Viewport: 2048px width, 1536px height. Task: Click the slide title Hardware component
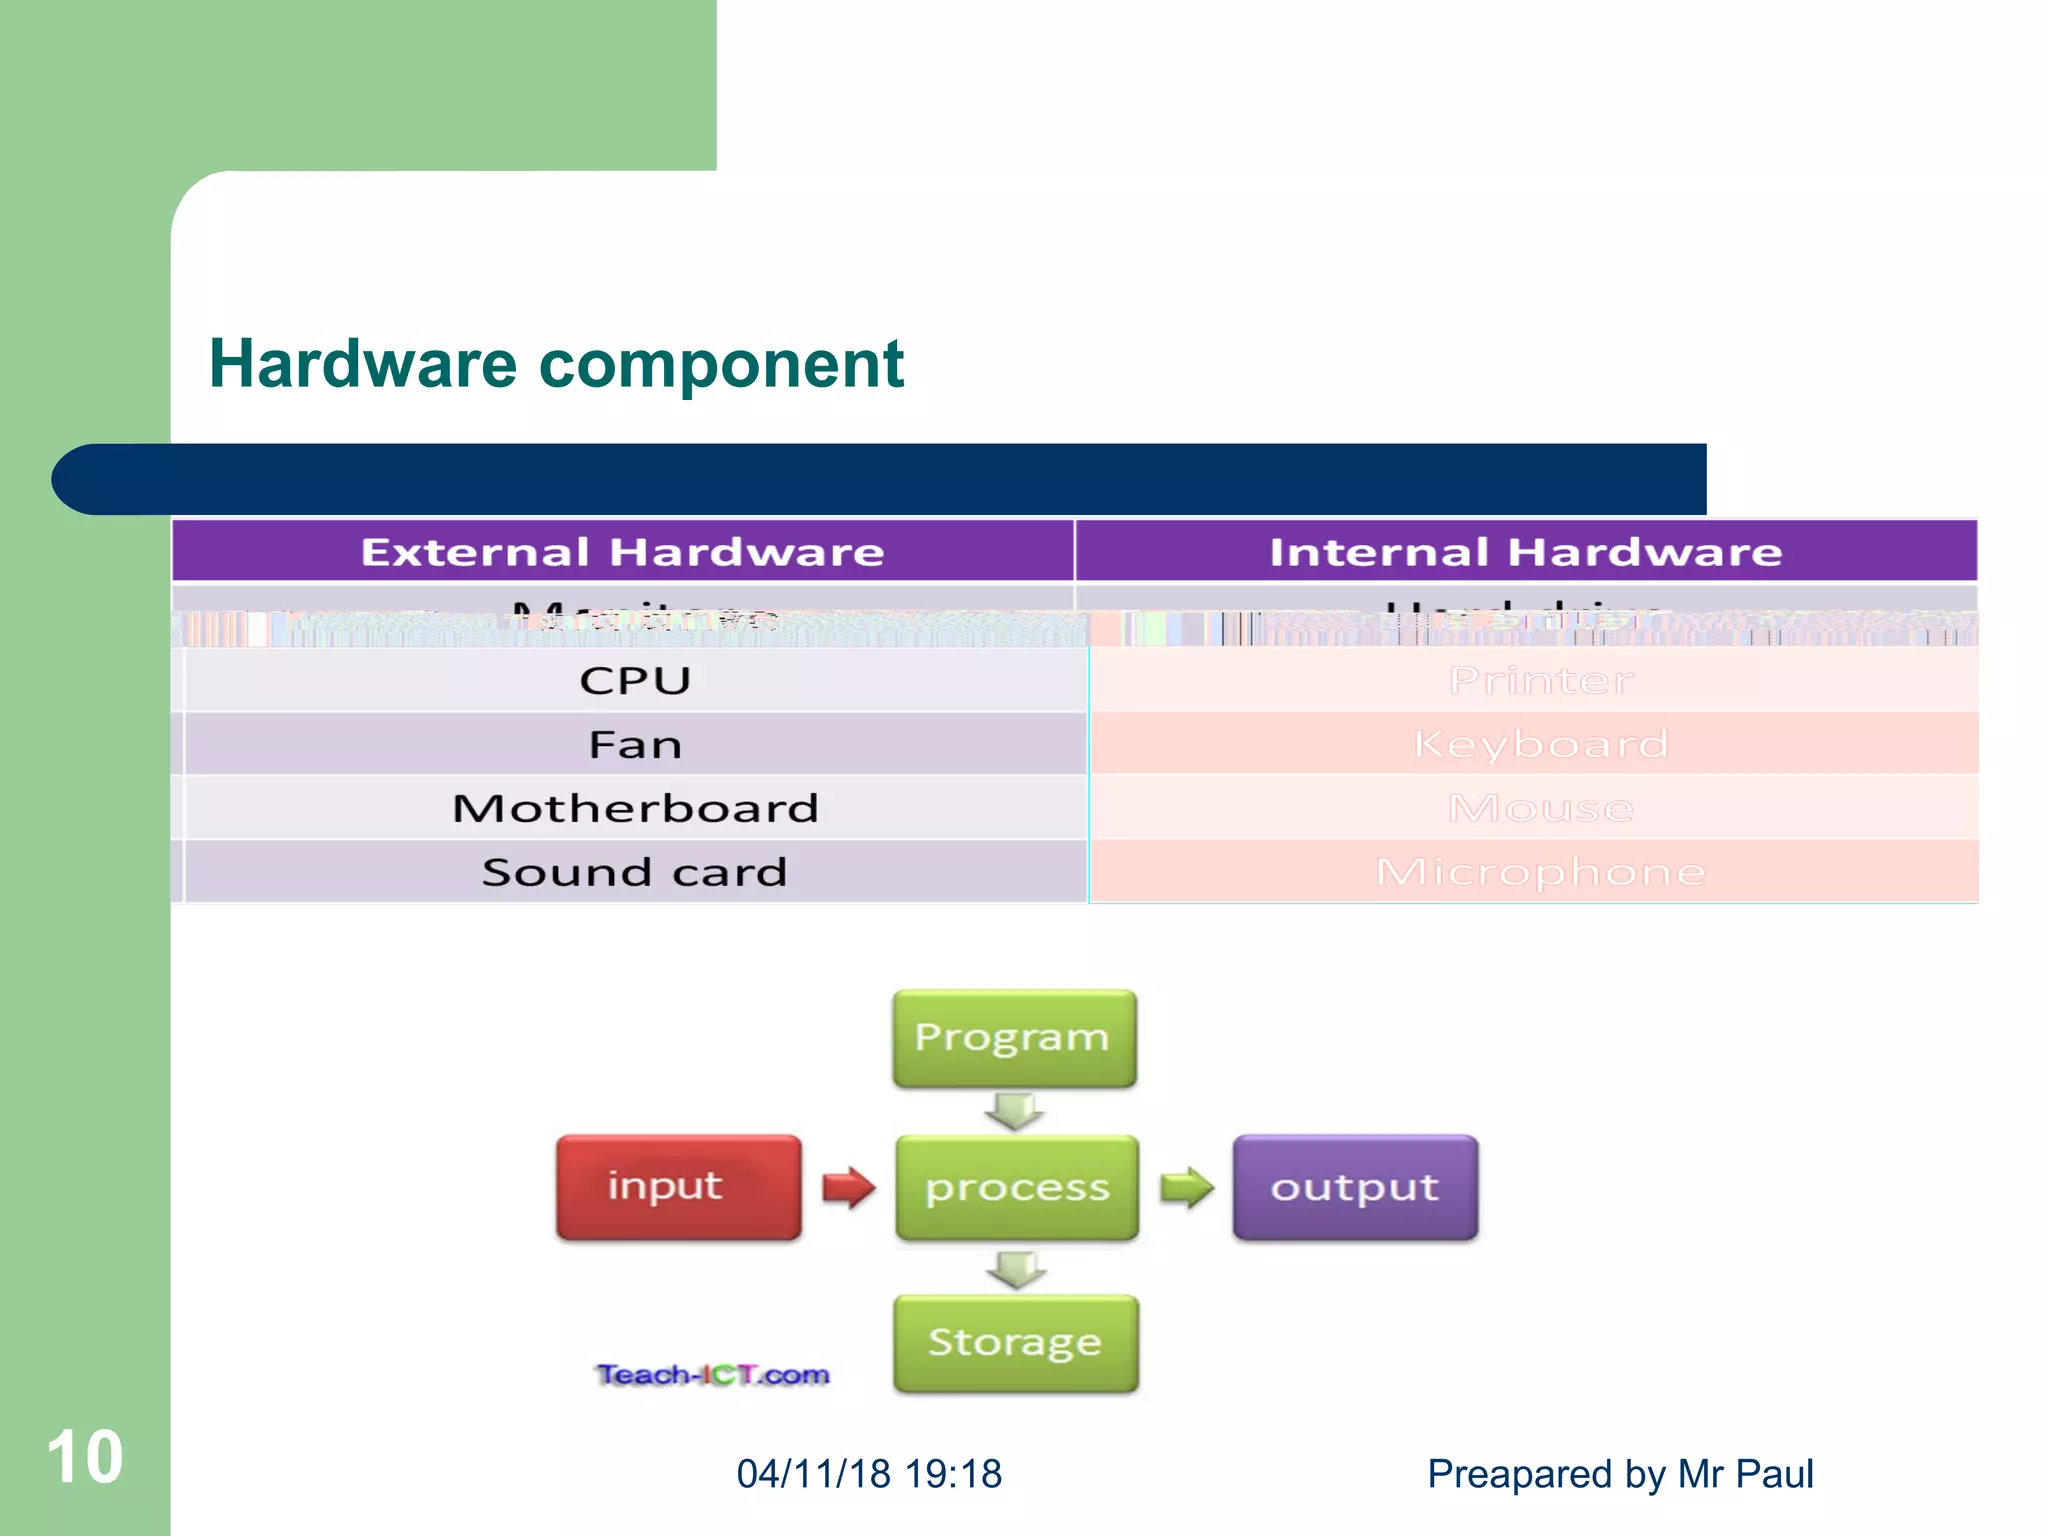pos(556,364)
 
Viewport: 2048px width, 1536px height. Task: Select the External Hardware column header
pos(622,552)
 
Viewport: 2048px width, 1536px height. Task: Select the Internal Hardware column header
pos(1526,552)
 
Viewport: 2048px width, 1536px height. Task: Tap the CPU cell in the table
pos(635,681)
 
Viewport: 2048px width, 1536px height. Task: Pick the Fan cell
pos(635,745)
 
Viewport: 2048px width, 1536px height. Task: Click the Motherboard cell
pos(635,808)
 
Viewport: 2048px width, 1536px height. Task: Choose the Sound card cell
pos(635,872)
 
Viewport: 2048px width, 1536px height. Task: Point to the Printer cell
pos(1540,681)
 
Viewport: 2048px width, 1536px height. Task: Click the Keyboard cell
pos(1540,744)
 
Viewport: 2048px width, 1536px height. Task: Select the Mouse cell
pos(1540,808)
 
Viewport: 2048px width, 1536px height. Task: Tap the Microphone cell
pos(1540,872)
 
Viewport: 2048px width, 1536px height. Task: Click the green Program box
pos(1014,1038)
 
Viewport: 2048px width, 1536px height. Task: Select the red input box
pos(678,1187)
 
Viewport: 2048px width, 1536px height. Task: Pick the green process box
pos(1017,1188)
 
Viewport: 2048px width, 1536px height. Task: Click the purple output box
pos(1355,1188)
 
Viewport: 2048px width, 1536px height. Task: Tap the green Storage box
pos(1016,1343)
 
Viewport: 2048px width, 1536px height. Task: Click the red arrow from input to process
pos(848,1188)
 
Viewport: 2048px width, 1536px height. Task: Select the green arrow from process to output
pos(1186,1188)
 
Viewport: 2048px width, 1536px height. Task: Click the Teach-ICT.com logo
pos(713,1375)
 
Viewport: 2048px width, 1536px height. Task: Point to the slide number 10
pos(85,1457)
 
